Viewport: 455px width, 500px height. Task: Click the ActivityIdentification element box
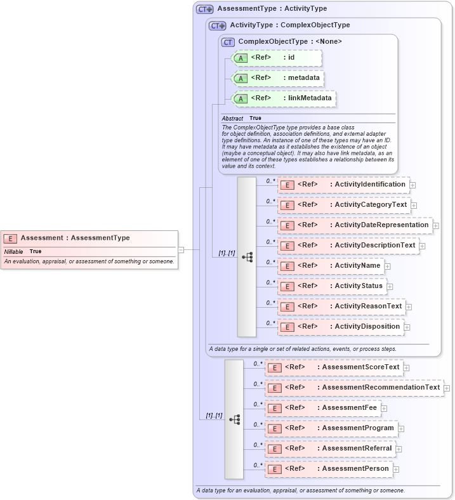[x=343, y=185]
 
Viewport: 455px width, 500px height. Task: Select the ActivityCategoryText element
[x=343, y=205]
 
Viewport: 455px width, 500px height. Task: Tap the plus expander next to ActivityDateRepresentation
[x=436, y=226]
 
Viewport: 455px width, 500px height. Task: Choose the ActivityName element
[x=330, y=266]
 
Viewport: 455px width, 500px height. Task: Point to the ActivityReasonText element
[x=341, y=306]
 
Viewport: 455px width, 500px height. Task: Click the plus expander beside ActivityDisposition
[x=407, y=327]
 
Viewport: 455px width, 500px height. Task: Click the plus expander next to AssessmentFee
[x=384, y=409]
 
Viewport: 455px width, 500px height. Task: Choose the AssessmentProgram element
[x=331, y=428]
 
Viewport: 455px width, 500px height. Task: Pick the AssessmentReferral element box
[x=329, y=449]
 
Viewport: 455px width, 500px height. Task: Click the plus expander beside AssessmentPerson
[x=396, y=470]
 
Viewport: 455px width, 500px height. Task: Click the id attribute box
[x=277, y=58]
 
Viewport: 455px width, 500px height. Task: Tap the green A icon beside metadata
[x=240, y=79]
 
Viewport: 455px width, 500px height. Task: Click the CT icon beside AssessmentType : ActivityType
[x=204, y=9]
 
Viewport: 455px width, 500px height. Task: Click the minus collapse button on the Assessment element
[x=181, y=250]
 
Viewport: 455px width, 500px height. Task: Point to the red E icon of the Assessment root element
[x=10, y=239]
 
